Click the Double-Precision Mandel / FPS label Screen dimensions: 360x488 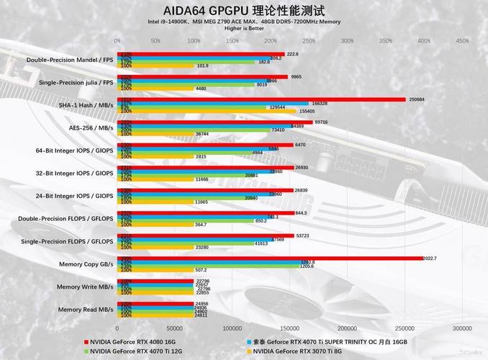(70, 60)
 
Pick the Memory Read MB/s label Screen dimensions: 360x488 (86, 309)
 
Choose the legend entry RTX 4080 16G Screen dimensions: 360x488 (130, 341)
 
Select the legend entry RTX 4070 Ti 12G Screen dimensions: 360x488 (134, 351)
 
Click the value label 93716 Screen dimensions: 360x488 (322, 122)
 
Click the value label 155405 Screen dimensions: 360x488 (307, 112)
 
